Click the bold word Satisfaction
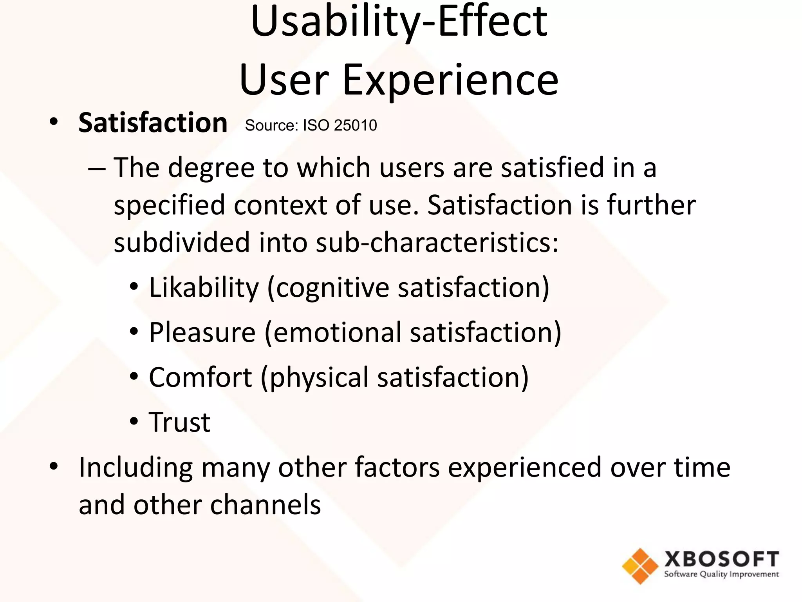click(x=153, y=123)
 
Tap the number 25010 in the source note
click(x=356, y=125)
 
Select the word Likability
click(x=204, y=287)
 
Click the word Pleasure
click(x=202, y=332)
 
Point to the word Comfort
click(x=200, y=377)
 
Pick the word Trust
click(x=180, y=422)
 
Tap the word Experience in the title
click(x=450, y=80)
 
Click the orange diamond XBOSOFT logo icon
click(x=640, y=566)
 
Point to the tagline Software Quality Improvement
click(x=721, y=575)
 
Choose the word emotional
click(x=337, y=333)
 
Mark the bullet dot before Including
click(x=54, y=467)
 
